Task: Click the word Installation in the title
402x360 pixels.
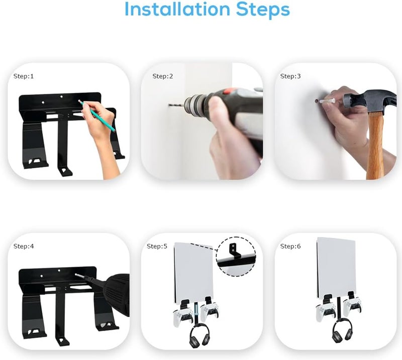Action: pyautogui.click(x=177, y=9)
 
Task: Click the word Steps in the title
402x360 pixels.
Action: pyautogui.click(x=263, y=10)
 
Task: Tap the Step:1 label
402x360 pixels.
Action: pyautogui.click(x=24, y=76)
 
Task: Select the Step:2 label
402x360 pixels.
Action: pyautogui.click(x=162, y=76)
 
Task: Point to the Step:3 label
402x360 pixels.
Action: pyautogui.click(x=290, y=76)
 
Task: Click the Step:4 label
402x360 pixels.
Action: pyautogui.click(x=24, y=246)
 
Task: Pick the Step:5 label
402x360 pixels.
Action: pyautogui.click(x=157, y=246)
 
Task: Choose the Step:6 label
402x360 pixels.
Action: pyautogui.click(x=290, y=246)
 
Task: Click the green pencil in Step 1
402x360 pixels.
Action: pyautogui.click(x=97, y=116)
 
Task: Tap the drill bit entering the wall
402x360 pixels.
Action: pyautogui.click(x=176, y=105)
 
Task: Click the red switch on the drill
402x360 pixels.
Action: pyautogui.click(x=227, y=91)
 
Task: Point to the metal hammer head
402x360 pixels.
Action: pyautogui.click(x=371, y=101)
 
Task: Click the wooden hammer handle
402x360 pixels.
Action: pyautogui.click(x=374, y=146)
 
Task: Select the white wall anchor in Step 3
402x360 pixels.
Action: pyautogui.click(x=328, y=101)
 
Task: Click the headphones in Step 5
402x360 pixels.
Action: pyautogui.click(x=199, y=335)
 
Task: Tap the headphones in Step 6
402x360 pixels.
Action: pyautogui.click(x=342, y=332)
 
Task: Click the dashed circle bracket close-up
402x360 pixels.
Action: pyautogui.click(x=236, y=257)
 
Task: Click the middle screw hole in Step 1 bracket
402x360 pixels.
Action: pyautogui.click(x=61, y=96)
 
